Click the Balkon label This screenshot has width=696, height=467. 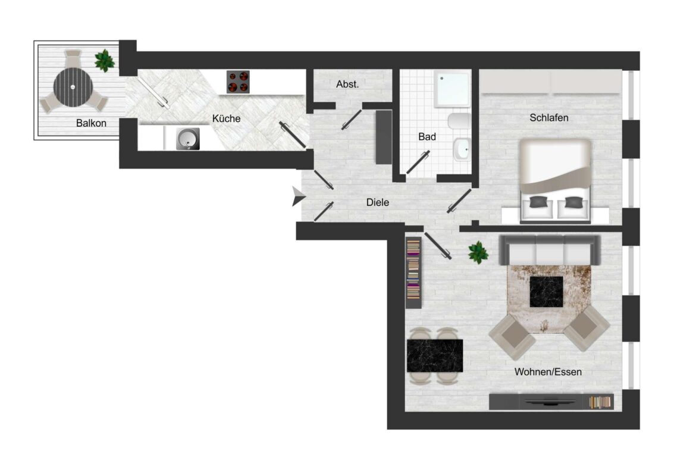tap(91, 124)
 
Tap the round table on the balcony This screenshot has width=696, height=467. tap(73, 87)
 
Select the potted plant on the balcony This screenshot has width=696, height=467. tap(105, 60)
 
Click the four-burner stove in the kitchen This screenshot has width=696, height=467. tap(238, 82)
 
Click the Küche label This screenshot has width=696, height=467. tap(226, 118)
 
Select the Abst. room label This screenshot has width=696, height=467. tap(347, 84)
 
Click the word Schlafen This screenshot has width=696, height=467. tap(548, 118)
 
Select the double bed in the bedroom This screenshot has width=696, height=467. tap(556, 178)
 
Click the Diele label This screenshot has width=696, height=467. tap(377, 203)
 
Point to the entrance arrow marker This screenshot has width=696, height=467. tap(298, 196)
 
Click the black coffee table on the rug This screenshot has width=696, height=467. tap(547, 291)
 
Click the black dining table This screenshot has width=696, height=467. tap(435, 355)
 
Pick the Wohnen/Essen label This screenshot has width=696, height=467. tap(548, 372)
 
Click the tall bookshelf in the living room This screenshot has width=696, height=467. tap(413, 272)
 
